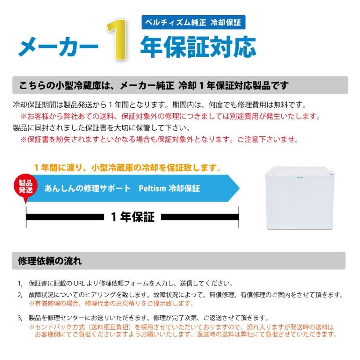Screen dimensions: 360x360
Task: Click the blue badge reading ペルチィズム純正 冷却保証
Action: coord(193,22)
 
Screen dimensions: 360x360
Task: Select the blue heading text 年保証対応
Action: coord(198,47)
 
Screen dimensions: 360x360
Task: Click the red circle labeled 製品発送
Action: coord(26,186)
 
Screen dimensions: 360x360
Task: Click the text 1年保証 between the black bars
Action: coord(132,217)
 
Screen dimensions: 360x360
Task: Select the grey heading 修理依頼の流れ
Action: coord(50,261)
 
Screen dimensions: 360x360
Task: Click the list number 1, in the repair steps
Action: coord(20,284)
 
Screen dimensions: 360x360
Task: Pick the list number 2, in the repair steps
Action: coord(20,295)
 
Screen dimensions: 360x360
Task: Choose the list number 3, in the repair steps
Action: coord(20,318)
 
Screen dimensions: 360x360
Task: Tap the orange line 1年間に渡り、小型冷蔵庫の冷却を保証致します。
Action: coord(127,167)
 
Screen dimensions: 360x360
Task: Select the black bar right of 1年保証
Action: coord(200,217)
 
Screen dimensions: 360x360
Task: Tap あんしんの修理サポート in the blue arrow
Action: coord(87,188)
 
